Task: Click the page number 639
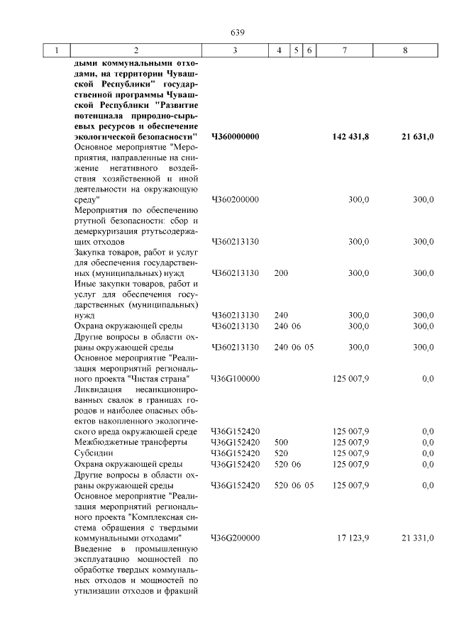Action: click(237, 32)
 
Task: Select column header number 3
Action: click(234, 50)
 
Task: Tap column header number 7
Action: click(344, 50)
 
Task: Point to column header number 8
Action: click(405, 50)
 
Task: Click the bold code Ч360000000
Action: click(236, 135)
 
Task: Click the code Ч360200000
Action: click(235, 200)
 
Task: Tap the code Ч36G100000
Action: click(236, 379)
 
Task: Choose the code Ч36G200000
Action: click(236, 538)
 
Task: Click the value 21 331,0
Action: click(417, 538)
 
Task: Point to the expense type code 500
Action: click(281, 442)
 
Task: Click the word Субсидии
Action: click(94, 453)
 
